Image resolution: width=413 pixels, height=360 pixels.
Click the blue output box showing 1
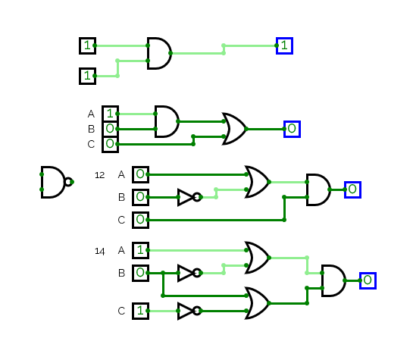pos(284,45)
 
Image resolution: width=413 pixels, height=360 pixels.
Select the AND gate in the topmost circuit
pos(159,53)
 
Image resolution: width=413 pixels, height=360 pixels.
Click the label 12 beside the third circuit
pos(99,175)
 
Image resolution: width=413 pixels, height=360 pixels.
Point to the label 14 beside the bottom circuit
pos(99,251)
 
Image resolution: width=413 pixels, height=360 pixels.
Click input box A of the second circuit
pos(111,114)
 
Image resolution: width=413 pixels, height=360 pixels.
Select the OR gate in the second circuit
pos(235,129)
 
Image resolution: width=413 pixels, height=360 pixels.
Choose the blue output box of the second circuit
pos(292,129)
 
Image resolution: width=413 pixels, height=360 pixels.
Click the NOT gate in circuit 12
pos(190,197)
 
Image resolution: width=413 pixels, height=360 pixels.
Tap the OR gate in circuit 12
pos(258,182)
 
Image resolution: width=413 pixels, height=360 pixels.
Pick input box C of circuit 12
pos(141,220)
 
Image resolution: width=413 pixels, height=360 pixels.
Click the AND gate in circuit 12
pos(319,189)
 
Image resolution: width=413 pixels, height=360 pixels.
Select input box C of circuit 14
pos(141,311)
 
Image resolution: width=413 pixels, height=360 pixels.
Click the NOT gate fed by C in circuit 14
pos(190,311)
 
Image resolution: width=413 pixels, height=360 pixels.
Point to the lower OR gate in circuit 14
pos(258,303)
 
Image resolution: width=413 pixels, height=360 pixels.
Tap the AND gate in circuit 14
pos(333,280)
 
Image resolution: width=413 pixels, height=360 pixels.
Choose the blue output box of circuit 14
pos(368,280)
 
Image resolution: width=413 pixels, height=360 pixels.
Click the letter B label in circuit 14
pos(121,273)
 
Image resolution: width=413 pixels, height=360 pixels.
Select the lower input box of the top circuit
pos(87,76)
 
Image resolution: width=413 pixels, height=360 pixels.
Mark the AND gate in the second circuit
pos(167,121)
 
